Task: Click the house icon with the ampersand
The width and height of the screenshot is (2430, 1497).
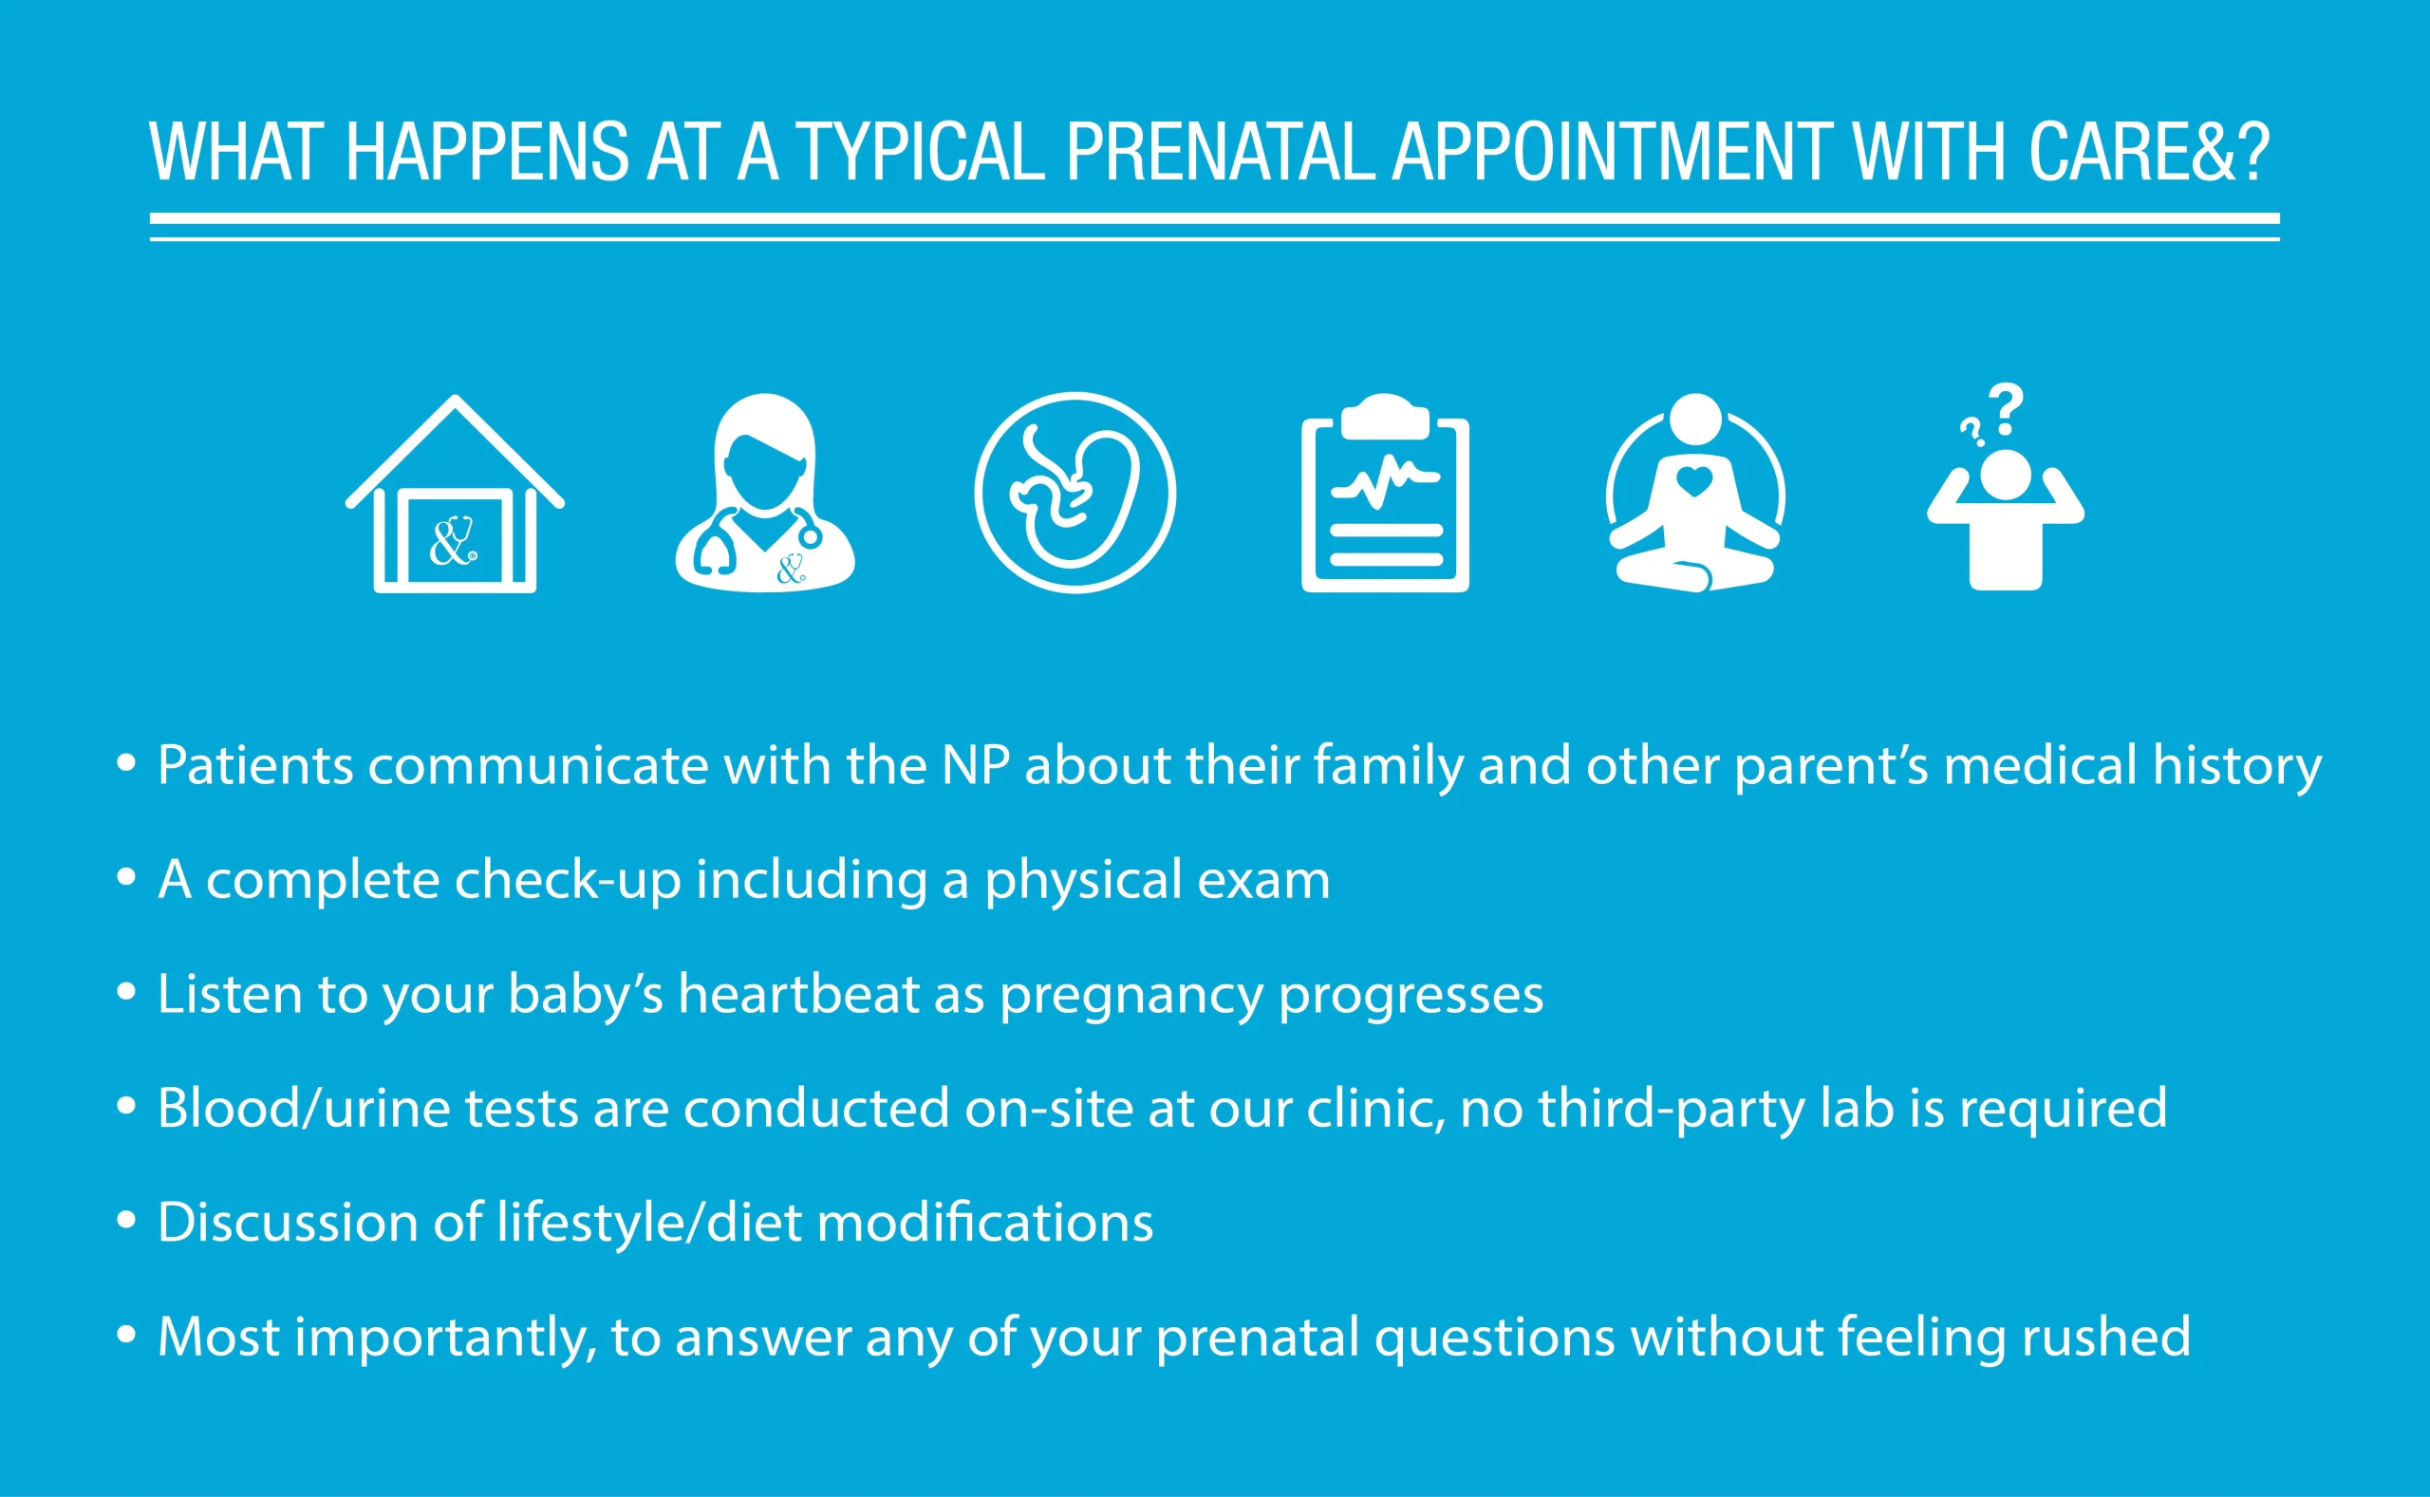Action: pos(455,495)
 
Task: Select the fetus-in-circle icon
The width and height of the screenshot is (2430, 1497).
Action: pos(1075,492)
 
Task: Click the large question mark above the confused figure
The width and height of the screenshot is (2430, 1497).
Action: pos(2008,409)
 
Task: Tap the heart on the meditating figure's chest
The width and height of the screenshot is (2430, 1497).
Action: pos(1694,482)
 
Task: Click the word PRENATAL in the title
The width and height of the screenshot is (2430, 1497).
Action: pos(1220,153)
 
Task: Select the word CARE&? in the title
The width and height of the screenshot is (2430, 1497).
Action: pos(2149,153)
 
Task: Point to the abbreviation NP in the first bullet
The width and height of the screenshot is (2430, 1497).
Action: pos(975,765)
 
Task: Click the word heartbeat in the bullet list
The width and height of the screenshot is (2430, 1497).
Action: pos(799,994)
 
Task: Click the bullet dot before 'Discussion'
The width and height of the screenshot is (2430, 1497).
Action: pos(125,1220)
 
